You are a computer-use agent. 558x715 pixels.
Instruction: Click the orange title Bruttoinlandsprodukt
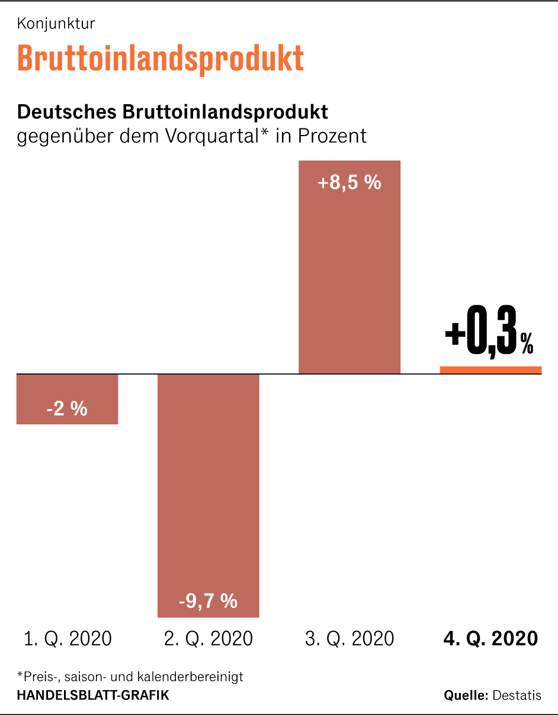(x=161, y=58)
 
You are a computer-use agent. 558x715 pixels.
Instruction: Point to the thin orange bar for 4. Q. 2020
(x=490, y=370)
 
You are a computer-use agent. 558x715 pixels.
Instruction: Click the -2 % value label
(x=67, y=408)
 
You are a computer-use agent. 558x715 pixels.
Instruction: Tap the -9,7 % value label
(x=208, y=601)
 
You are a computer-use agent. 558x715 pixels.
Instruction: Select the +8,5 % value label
(x=349, y=183)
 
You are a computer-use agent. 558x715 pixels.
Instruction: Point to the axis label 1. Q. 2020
(x=68, y=639)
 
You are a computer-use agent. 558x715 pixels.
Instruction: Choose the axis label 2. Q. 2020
(x=208, y=639)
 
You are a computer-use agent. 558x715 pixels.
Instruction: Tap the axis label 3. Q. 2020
(x=349, y=639)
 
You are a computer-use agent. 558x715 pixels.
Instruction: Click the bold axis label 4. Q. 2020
(x=490, y=639)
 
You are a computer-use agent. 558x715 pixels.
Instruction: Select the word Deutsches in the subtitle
(x=67, y=111)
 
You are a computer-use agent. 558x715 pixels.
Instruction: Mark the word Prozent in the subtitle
(x=332, y=136)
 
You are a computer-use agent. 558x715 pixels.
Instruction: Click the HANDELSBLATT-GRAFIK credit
(x=93, y=695)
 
